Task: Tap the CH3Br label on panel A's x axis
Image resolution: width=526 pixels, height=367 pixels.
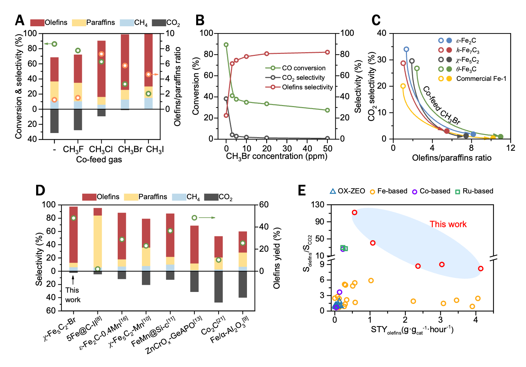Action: coord(130,150)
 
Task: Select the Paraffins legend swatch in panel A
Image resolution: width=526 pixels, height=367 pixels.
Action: coord(79,23)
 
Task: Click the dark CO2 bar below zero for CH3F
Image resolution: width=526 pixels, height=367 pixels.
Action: coord(78,119)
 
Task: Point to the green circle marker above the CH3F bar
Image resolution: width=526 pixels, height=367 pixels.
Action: coord(78,50)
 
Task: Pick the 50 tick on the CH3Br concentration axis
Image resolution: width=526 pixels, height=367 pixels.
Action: coord(327,148)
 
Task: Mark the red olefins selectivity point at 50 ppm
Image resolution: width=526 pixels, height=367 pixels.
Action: coord(327,52)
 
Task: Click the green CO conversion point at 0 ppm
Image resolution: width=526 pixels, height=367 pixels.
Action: coord(226,45)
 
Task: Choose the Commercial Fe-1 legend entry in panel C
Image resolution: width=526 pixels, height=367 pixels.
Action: coord(481,79)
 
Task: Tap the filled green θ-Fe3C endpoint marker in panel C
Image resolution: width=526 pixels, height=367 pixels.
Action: coord(500,137)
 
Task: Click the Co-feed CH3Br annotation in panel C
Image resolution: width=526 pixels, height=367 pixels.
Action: coord(441,105)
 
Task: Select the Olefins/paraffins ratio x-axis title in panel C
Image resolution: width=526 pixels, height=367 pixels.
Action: coord(452,158)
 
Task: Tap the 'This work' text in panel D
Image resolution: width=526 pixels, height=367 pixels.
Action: coord(73,295)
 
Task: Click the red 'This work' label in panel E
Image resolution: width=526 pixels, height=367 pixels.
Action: coord(448,224)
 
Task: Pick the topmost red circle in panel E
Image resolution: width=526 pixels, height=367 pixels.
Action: coord(354,212)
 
